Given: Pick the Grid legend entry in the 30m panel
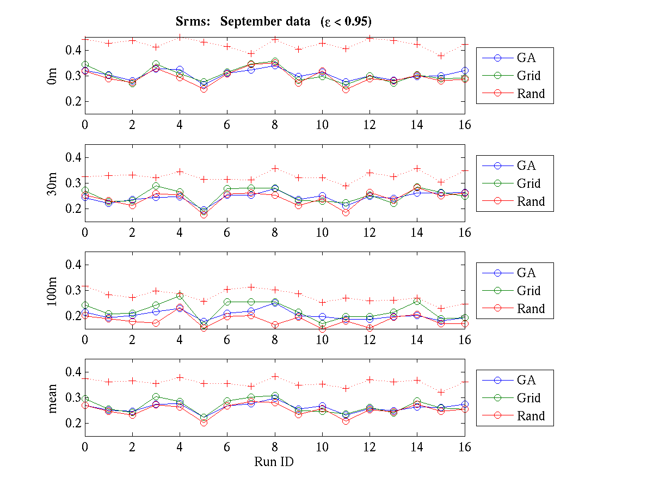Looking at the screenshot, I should (x=528, y=183).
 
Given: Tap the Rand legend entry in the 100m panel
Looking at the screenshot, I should (x=531, y=309).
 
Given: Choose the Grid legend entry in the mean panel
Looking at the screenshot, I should (x=528, y=398).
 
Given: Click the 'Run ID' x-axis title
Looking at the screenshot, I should (x=274, y=462).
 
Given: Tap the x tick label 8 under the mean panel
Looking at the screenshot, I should (x=275, y=448).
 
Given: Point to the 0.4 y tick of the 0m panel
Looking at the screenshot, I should (x=73, y=50).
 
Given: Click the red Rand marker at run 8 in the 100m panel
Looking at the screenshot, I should (x=275, y=325).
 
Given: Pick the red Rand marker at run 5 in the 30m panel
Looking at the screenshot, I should (x=204, y=215).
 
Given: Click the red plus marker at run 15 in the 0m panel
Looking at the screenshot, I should (x=441, y=56).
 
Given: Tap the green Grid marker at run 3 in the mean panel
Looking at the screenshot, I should (x=156, y=397).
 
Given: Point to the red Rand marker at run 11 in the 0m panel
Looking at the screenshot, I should (x=346, y=89).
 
